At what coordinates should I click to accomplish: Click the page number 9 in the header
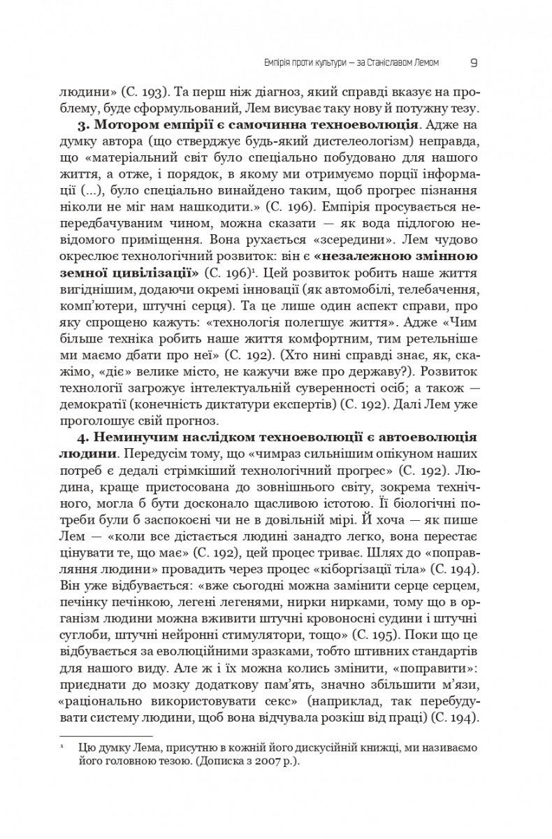[x=473, y=62]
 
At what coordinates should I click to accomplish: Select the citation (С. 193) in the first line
[x=142, y=92]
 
